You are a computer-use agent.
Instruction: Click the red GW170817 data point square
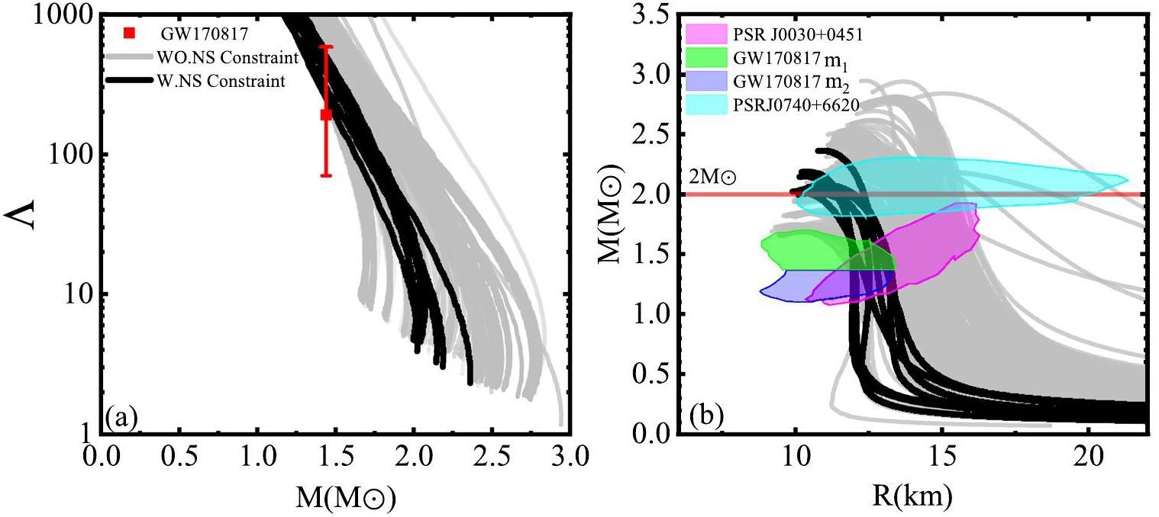(x=326, y=114)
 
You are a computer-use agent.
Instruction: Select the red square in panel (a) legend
(x=130, y=33)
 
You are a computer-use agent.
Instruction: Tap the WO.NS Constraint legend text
(x=226, y=57)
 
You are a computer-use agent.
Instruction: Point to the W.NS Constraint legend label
(x=221, y=81)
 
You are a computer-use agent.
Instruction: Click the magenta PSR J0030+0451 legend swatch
(x=705, y=33)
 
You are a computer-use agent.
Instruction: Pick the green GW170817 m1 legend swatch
(x=705, y=56)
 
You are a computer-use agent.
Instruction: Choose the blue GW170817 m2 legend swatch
(x=705, y=79)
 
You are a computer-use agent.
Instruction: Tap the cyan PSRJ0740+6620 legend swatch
(x=705, y=103)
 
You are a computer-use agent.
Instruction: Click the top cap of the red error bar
(x=326, y=47)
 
